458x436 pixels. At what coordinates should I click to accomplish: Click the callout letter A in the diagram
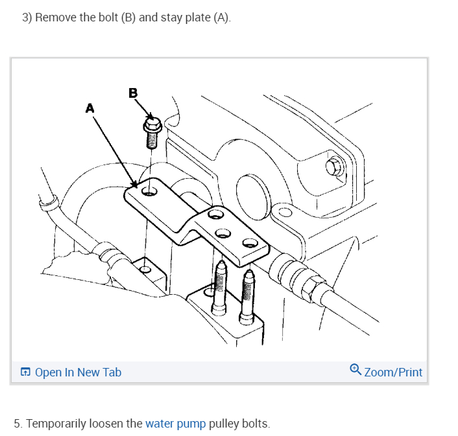point(90,109)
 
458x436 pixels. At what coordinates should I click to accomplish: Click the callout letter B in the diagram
point(133,93)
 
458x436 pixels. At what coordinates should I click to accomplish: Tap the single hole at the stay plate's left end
point(150,190)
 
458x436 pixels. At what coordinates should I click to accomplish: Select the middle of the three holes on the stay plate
point(222,233)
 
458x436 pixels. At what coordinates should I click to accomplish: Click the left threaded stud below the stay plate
point(219,285)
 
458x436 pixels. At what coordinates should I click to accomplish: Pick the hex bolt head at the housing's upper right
point(335,168)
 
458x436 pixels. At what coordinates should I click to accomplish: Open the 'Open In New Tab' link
point(78,373)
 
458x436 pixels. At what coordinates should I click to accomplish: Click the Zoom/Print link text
point(393,373)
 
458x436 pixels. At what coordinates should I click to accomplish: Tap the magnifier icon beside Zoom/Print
point(355,370)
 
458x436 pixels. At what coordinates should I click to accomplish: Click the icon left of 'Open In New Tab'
point(25,373)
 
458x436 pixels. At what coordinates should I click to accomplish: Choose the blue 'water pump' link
point(175,424)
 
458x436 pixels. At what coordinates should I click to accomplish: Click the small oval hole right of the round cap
point(285,212)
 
